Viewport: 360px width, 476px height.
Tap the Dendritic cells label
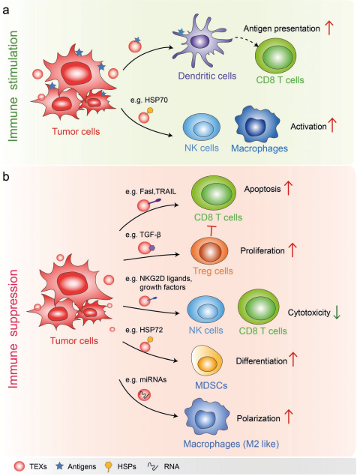(x=207, y=76)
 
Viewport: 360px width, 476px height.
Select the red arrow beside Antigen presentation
(x=329, y=28)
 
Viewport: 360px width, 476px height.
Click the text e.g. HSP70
(x=148, y=100)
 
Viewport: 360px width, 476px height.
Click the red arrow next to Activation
(x=333, y=125)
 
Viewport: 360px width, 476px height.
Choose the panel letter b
(x=6, y=177)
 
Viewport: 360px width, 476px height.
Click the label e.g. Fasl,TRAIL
(x=151, y=192)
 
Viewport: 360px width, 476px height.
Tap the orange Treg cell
(x=209, y=251)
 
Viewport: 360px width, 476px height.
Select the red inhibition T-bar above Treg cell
(x=211, y=230)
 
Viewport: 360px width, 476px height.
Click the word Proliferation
(x=262, y=251)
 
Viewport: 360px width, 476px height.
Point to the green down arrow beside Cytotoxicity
(x=337, y=313)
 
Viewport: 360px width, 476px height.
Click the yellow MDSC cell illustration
(x=206, y=361)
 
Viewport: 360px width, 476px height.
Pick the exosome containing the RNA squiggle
(x=144, y=394)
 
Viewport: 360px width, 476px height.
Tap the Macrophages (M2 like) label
(x=231, y=444)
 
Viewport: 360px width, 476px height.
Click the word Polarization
(x=259, y=418)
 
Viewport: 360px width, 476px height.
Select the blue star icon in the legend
(x=59, y=466)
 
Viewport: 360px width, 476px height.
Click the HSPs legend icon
(x=108, y=466)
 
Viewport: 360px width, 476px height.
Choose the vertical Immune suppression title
(x=13, y=328)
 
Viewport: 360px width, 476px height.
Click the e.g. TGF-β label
(x=143, y=235)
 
